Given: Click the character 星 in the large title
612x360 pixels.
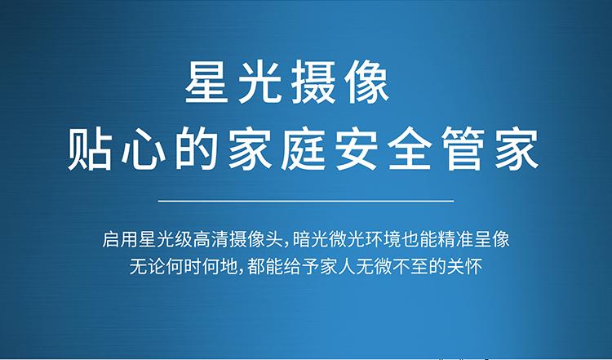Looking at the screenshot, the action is pyautogui.click(x=206, y=82).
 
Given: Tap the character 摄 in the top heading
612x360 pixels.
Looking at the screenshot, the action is pyautogui.click(x=313, y=82).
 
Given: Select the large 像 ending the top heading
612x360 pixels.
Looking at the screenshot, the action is pyautogui.click(x=368, y=82).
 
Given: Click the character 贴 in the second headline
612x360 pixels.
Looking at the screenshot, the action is pyautogui.click(x=90, y=149).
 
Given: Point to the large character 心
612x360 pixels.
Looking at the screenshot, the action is pyautogui.click(x=143, y=149).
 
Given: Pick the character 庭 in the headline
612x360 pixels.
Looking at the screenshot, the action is pyautogui.click(x=303, y=149).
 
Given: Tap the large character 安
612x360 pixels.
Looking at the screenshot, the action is pyautogui.click(x=357, y=149).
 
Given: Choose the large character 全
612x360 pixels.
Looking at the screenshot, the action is pyautogui.click(x=410, y=149).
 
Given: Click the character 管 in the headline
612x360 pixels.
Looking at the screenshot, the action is pyautogui.click(x=463, y=149).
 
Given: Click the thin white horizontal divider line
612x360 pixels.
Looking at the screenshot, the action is pyautogui.click(x=306, y=201).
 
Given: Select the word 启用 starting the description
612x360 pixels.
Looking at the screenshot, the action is pyautogui.click(x=120, y=239).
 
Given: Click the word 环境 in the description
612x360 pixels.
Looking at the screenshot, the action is pyautogui.click(x=382, y=239).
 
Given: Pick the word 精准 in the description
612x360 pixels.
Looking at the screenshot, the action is pyautogui.click(x=455, y=239).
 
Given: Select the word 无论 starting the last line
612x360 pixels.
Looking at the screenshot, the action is pyautogui.click(x=148, y=267).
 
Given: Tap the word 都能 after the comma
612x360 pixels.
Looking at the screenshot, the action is pyautogui.click(x=265, y=267).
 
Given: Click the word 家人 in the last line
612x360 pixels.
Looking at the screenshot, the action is pyautogui.click(x=338, y=267).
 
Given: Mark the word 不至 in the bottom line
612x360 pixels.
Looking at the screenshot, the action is pyautogui.click(x=410, y=267).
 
